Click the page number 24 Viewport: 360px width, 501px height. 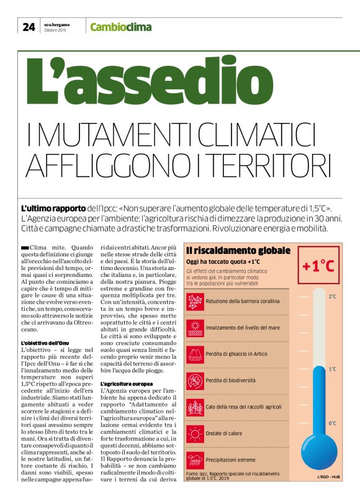click(x=29, y=26)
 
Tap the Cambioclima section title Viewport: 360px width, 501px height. click(x=120, y=27)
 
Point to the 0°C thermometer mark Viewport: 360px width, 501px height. click(x=332, y=423)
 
